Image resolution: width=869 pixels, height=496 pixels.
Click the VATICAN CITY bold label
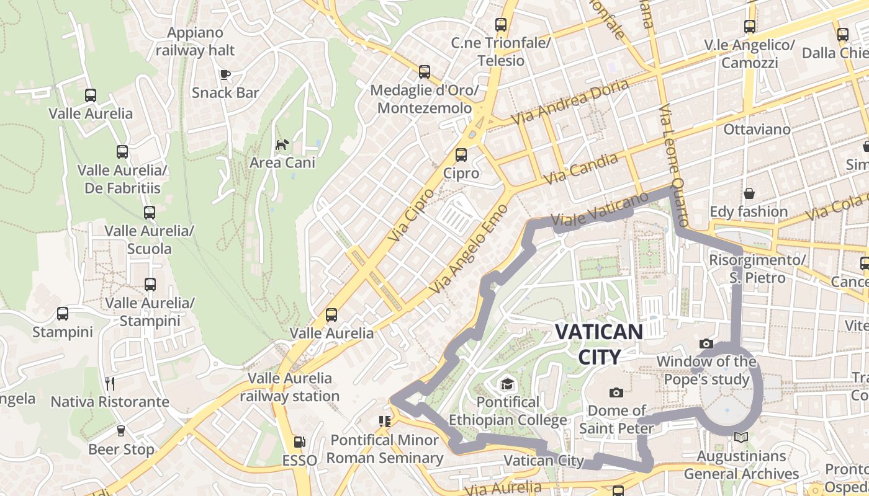[598, 344]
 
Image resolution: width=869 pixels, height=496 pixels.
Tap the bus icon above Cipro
[461, 155]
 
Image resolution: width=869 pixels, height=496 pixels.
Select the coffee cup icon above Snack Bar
[225, 75]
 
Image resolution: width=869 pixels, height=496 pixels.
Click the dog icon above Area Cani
[282, 145]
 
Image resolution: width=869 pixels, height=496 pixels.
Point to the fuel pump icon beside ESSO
[300, 442]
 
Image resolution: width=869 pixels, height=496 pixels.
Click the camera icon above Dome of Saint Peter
[616, 392]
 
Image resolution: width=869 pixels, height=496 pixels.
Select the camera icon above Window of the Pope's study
[706, 343]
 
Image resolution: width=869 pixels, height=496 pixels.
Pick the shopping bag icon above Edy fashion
[749, 193]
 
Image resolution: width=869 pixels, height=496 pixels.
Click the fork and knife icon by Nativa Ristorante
[110, 383]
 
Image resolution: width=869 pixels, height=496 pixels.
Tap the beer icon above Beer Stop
[121, 431]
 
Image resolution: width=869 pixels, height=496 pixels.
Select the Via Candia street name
[582, 169]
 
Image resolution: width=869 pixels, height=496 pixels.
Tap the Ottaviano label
[757, 130]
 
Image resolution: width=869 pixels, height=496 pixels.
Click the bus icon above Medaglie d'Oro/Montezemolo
[425, 72]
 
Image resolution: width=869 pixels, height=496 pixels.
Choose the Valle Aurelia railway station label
[290, 387]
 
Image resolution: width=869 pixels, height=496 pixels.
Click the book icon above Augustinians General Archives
[741, 438]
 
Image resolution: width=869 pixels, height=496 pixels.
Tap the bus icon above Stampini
[63, 314]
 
